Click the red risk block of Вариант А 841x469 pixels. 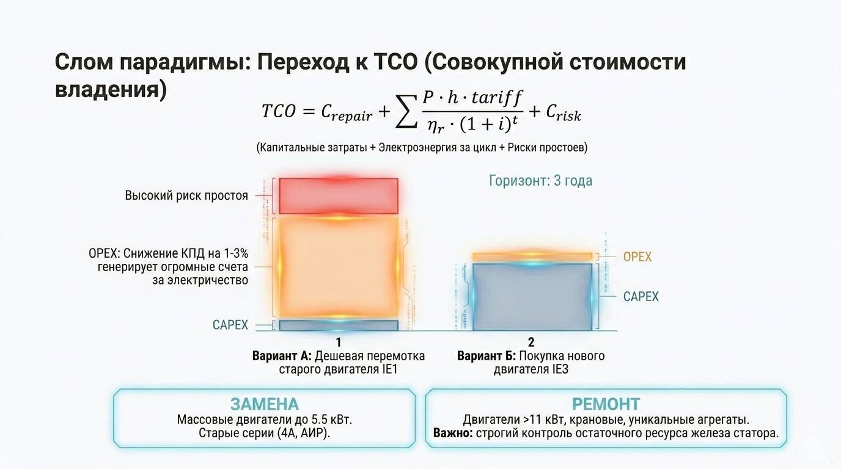click(339, 194)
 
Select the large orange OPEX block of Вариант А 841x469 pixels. click(339, 267)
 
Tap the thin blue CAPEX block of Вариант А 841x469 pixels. click(339, 325)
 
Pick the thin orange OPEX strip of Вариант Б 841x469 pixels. click(532, 256)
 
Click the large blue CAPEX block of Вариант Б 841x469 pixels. click(532, 297)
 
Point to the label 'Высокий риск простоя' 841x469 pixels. click(186, 196)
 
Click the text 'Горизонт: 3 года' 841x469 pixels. click(540, 181)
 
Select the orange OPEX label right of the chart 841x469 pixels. click(637, 256)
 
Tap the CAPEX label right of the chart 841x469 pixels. click(641, 297)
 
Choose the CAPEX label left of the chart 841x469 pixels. click(230, 325)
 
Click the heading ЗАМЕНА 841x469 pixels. click(264, 404)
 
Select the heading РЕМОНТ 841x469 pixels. click(606, 404)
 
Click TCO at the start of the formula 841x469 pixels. click(279, 111)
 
